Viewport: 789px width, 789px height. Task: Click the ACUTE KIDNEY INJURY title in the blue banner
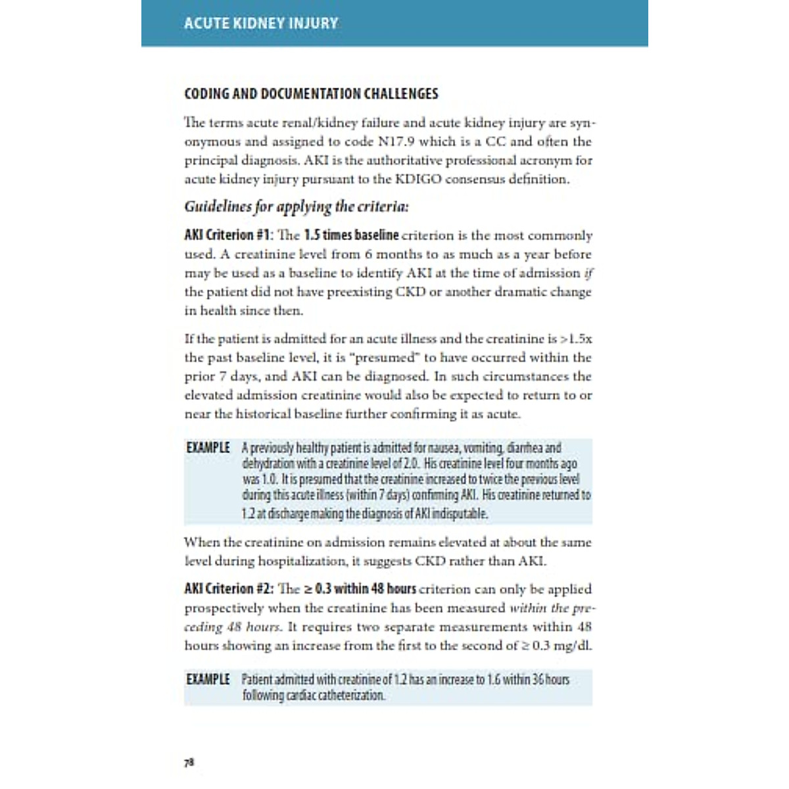click(260, 24)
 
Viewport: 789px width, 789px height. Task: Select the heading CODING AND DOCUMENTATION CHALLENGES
click(311, 94)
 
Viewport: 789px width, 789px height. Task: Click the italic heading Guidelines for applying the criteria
click(296, 206)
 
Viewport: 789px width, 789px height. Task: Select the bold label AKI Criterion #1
click(227, 235)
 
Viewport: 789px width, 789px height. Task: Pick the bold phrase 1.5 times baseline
click(351, 235)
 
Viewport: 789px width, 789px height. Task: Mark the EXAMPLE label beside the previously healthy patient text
click(208, 448)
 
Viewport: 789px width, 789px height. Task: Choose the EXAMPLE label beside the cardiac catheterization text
click(208, 679)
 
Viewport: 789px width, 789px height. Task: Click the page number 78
click(189, 763)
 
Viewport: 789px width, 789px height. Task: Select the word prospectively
click(224, 608)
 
